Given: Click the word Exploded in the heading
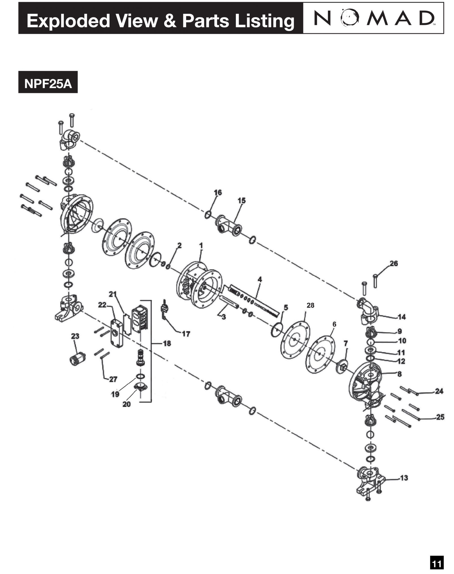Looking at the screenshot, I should pos(68,21).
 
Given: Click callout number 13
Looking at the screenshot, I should pos(404,478).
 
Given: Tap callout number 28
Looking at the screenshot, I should pos(310,305).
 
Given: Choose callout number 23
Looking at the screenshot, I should pos(75,336).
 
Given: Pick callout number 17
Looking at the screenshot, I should pos(186,334).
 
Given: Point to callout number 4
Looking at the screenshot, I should pos(260,279).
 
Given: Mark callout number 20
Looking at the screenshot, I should pos(127,404).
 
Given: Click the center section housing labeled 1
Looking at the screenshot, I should pos(199,285).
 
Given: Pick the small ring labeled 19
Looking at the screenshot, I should pos(140,376).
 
